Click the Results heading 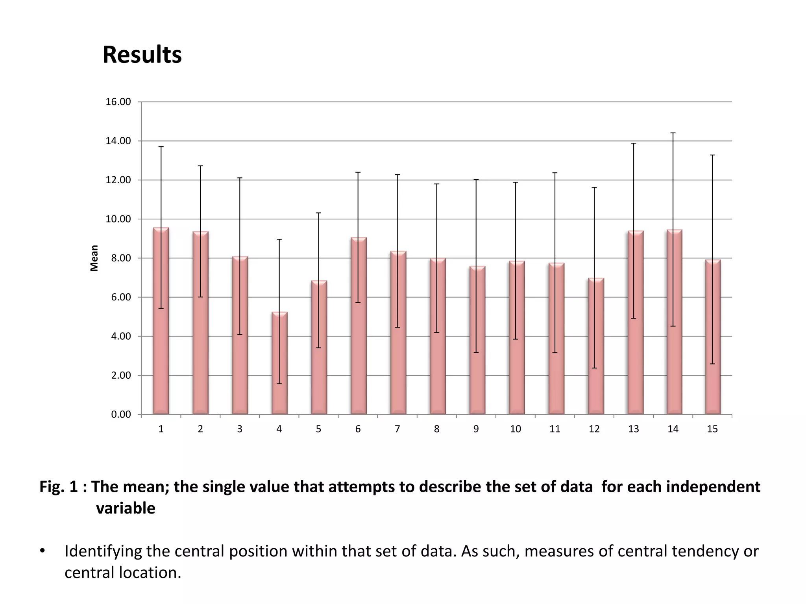142,55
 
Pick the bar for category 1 161,320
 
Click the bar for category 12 596,346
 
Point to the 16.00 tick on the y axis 118,102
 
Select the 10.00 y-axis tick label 118,219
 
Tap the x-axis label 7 397,429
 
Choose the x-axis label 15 712,429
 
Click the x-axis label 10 515,429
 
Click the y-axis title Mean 94,258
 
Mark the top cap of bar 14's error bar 673,133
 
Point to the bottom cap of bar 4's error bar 279,383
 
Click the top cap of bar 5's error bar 319,213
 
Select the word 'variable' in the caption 126,508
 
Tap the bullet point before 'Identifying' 43,551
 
